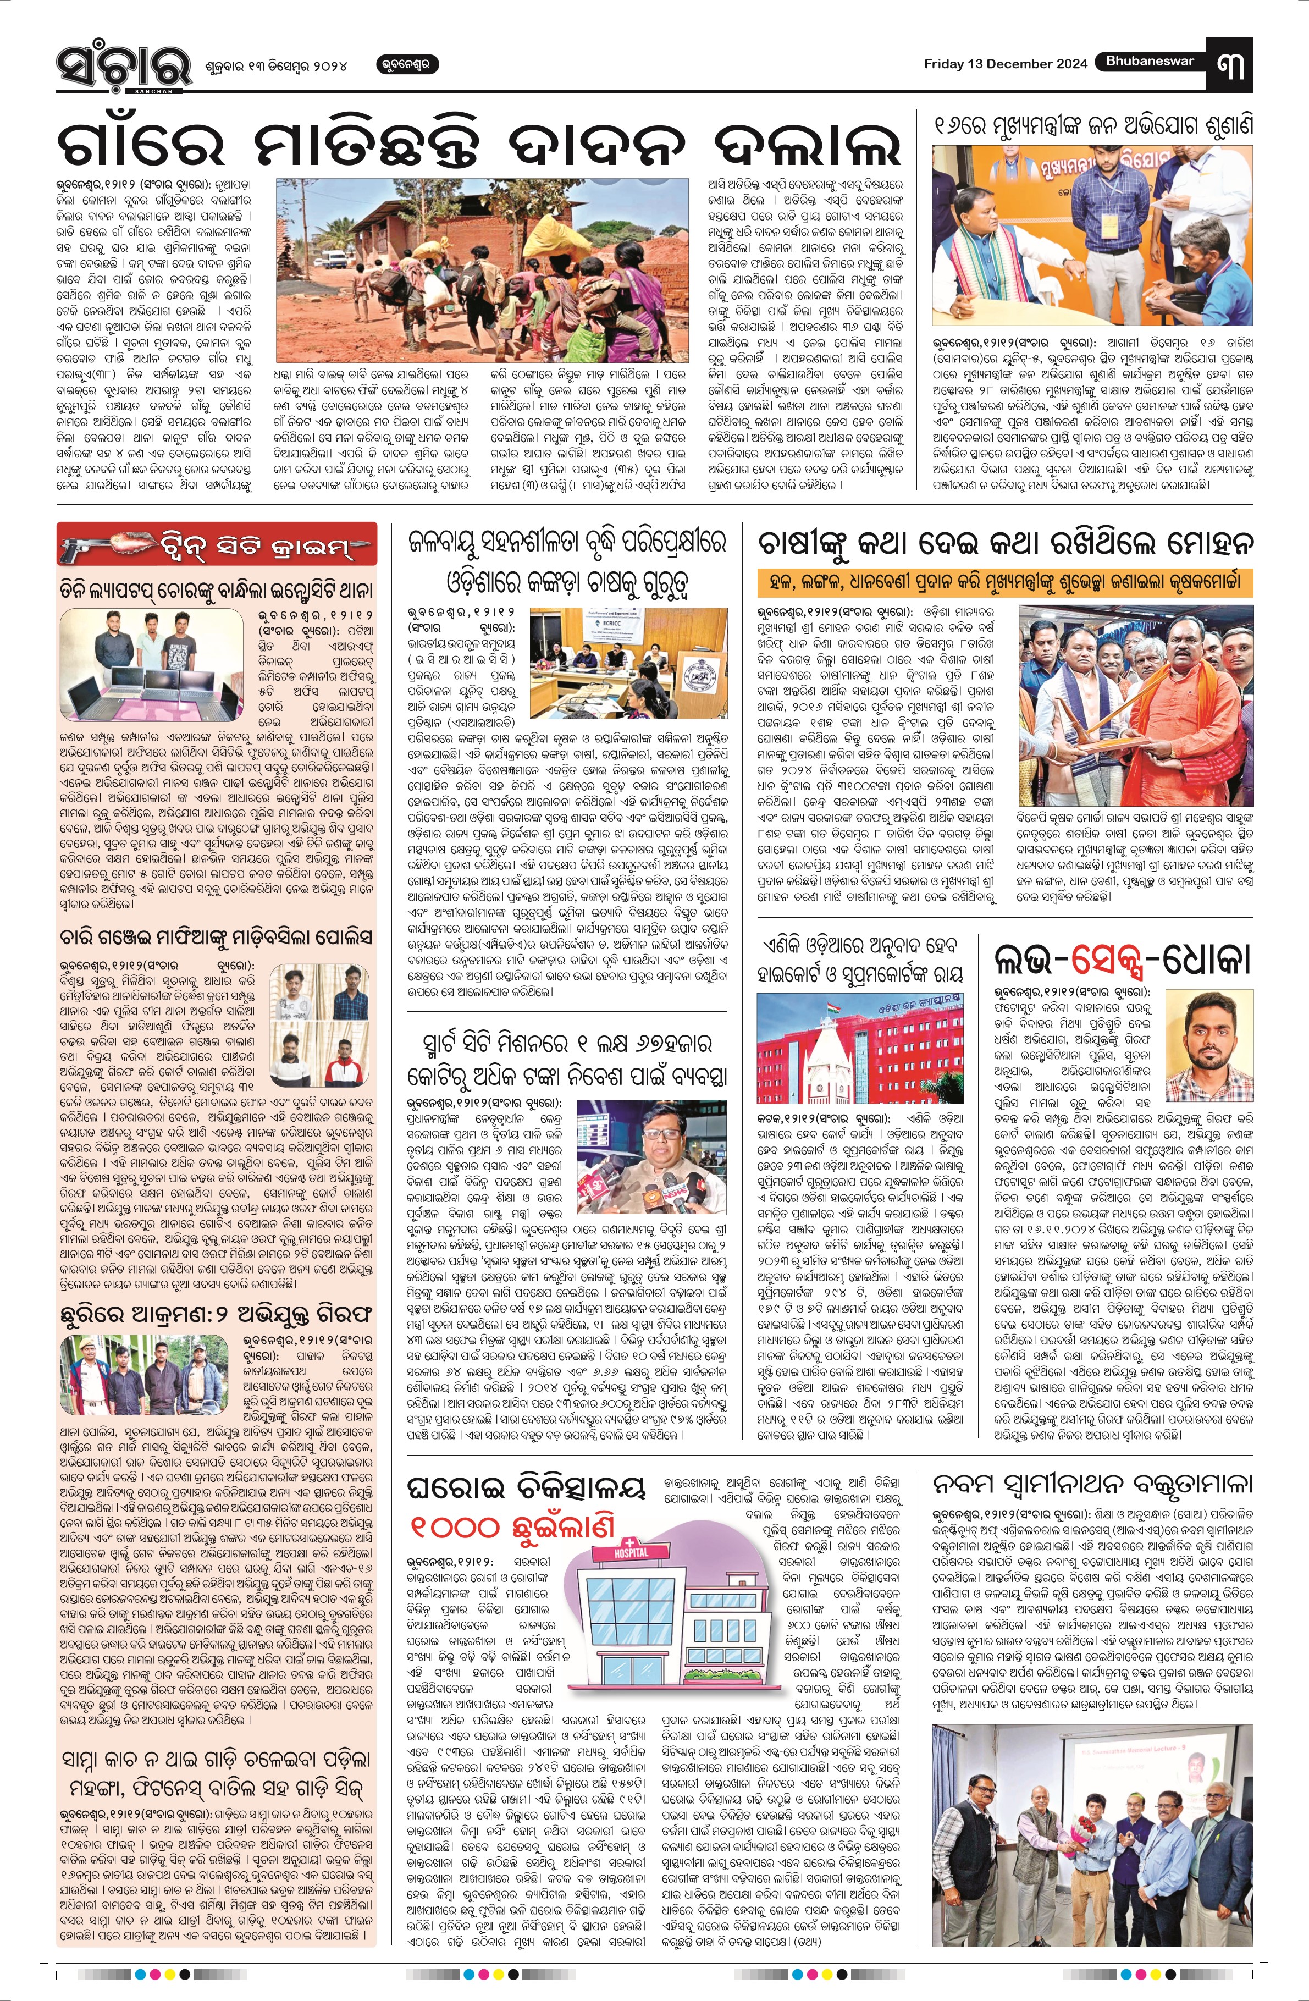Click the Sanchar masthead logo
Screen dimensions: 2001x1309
coord(113,64)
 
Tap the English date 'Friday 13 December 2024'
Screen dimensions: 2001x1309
coord(1004,64)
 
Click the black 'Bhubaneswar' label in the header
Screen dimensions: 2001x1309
coord(1149,62)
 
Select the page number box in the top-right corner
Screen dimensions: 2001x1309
coord(1235,64)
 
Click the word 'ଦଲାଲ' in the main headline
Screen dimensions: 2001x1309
coord(803,143)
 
